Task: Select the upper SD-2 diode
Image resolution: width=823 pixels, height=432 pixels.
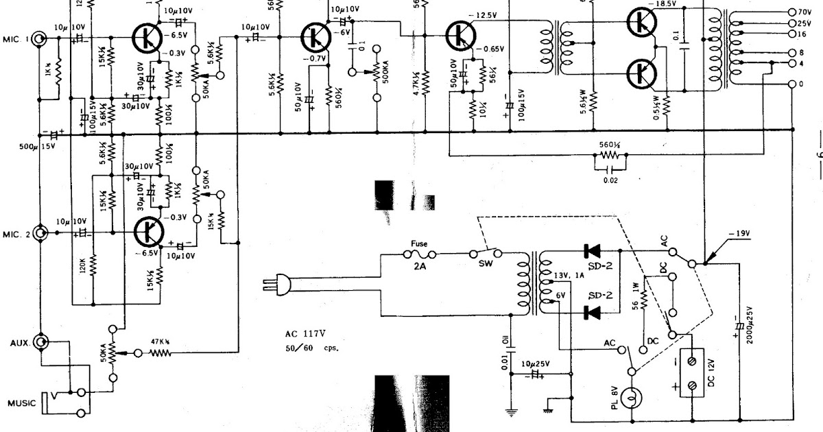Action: pyautogui.click(x=591, y=250)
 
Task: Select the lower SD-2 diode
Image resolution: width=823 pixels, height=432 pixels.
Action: pyautogui.click(x=591, y=312)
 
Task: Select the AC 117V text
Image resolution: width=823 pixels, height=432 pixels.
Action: pyautogui.click(x=308, y=335)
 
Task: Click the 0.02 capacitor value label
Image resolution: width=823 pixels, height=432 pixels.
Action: pyautogui.click(x=606, y=180)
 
